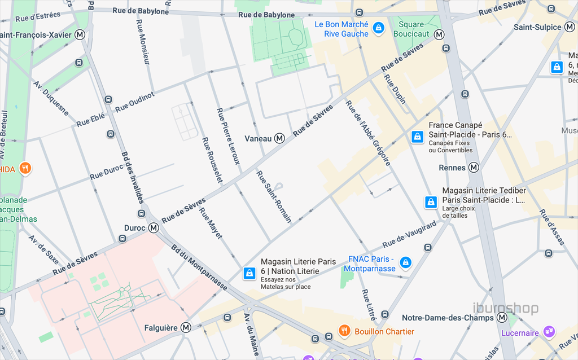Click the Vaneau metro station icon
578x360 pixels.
pyautogui.click(x=279, y=138)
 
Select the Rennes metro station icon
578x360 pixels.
pyautogui.click(x=474, y=168)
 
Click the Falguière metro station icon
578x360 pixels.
pyautogui.click(x=186, y=327)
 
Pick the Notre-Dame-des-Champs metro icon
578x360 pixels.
pyautogui.click(x=502, y=318)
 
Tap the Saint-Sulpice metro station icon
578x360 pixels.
pyautogui.click(x=570, y=27)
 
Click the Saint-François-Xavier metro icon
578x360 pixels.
pyautogui.click(x=80, y=35)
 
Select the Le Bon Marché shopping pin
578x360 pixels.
pyautogui.click(x=379, y=27)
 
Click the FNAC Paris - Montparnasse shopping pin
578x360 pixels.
pyautogui.click(x=405, y=262)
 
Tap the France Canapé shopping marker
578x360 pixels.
pyautogui.click(x=417, y=137)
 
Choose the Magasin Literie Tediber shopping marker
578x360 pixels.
pyautogui.click(x=431, y=202)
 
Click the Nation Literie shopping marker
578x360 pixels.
pyautogui.click(x=249, y=273)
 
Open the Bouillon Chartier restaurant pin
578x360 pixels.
pyautogui.click(x=344, y=330)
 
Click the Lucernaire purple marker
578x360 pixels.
pyautogui.click(x=548, y=331)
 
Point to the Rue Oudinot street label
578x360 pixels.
pyautogui.click(x=135, y=102)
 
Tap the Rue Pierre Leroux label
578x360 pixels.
pyautogui.click(x=228, y=136)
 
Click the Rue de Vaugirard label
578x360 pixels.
pyautogui.click(x=409, y=234)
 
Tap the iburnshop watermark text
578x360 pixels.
pyautogui.click(x=505, y=309)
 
